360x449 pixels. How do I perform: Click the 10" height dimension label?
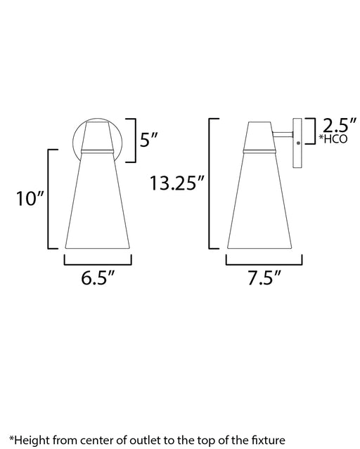[x=30, y=198]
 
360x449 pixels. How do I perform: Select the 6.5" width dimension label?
[x=98, y=278]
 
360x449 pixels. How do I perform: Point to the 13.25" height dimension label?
[x=177, y=183]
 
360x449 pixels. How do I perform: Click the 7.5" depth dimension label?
[x=264, y=278]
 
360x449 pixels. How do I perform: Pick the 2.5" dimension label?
[x=340, y=124]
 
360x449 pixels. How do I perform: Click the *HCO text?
[x=333, y=139]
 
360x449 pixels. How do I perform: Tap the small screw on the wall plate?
[x=298, y=143]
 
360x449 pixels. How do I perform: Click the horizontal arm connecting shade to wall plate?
[x=283, y=134]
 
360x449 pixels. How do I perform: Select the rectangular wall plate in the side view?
[x=297, y=143]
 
